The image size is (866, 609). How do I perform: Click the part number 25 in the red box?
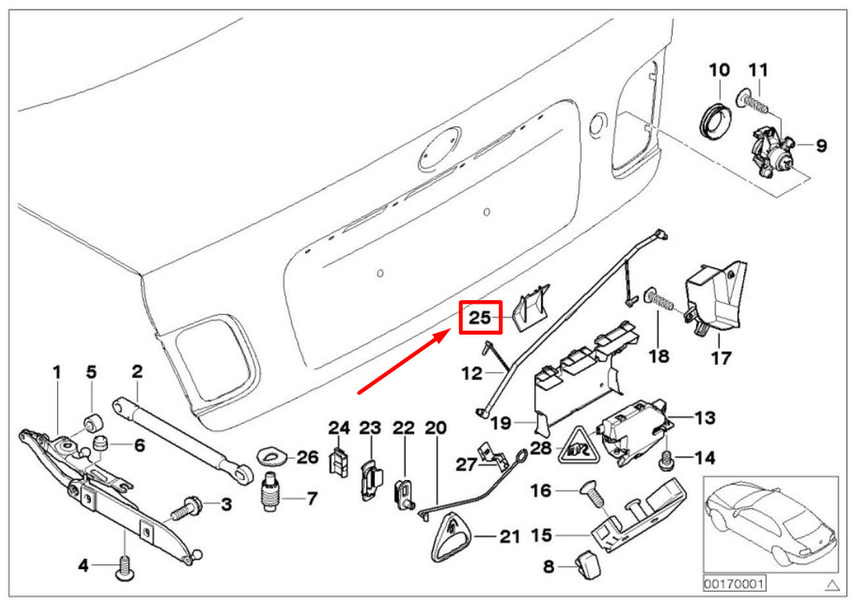480,317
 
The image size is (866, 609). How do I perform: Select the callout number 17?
721,357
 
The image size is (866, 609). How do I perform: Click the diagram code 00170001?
734,585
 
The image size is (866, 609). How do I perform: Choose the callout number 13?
705,419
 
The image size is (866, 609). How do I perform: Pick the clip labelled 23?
369,477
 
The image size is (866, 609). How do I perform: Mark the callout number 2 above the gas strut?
137,372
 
